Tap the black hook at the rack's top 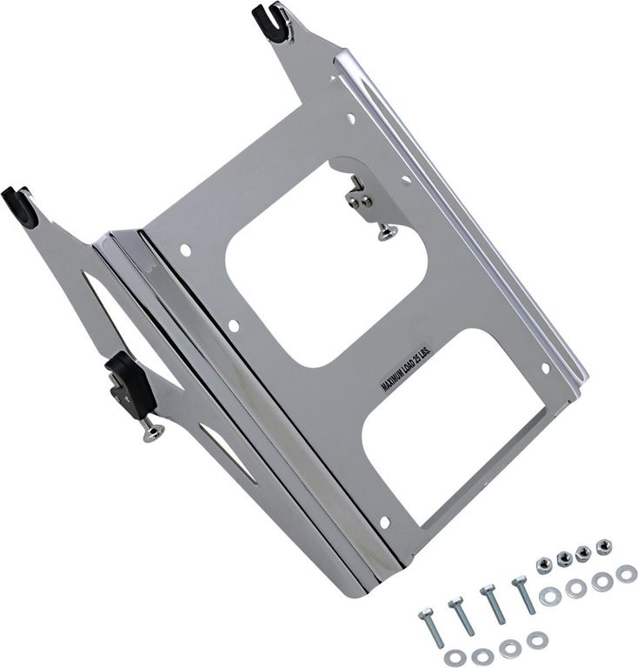point(272,22)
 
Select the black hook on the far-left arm point(19,206)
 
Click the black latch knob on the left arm point(130,382)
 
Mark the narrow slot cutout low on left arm point(228,452)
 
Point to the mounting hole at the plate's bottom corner point(384,522)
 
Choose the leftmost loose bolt point(431,627)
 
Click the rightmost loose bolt point(524,594)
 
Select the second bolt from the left point(462,616)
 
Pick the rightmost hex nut point(603,545)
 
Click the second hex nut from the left point(564,558)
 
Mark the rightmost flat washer point(626,574)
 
